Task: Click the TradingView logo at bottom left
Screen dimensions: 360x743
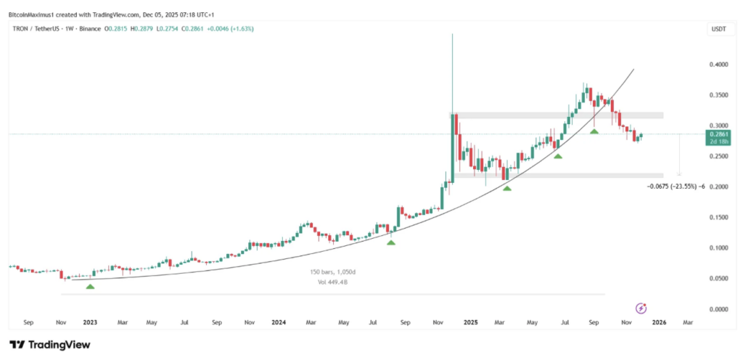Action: click(x=49, y=344)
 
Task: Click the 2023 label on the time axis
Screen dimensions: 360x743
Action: click(x=89, y=321)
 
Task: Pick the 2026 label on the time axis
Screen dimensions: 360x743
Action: click(x=659, y=321)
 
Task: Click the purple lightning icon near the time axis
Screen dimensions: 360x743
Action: click(x=641, y=308)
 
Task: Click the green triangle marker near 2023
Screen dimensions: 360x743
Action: click(x=90, y=287)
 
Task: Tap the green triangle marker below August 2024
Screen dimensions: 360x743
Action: click(x=391, y=242)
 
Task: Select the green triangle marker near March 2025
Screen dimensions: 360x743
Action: click(x=507, y=188)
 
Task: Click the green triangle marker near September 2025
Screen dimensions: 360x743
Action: click(x=594, y=131)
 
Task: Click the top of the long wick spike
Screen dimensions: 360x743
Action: click(x=452, y=34)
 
